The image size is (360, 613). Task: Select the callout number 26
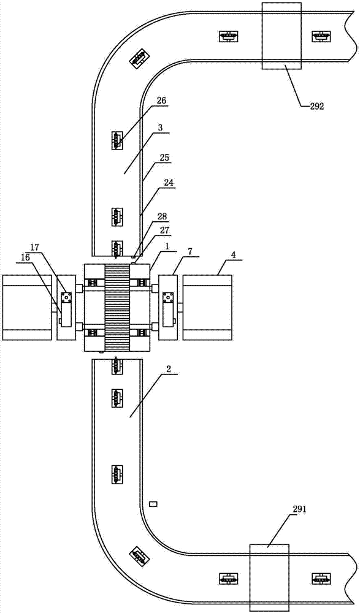(162, 101)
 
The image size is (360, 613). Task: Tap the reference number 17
(36, 247)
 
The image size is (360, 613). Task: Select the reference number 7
(190, 250)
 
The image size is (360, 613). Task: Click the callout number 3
(161, 127)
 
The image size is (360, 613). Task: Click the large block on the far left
(27, 307)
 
